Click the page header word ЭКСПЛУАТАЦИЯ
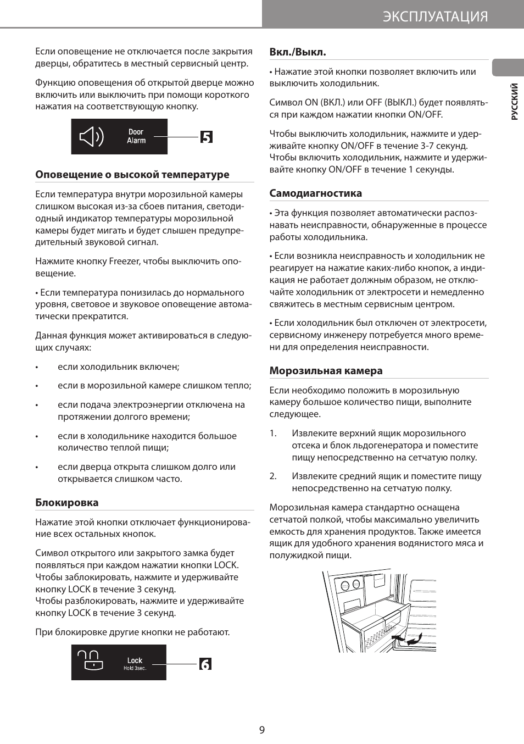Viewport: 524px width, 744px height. click(435, 16)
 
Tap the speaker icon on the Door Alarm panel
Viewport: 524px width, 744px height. click(91, 136)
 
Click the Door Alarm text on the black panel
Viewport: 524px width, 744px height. click(136, 136)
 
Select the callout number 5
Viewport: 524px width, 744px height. click(206, 137)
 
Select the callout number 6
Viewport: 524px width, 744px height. click(205, 664)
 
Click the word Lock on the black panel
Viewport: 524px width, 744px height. click(135, 660)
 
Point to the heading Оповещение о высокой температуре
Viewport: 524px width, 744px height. click(132, 175)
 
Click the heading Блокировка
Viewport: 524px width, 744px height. click(67, 502)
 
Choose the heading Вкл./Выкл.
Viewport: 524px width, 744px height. click(298, 52)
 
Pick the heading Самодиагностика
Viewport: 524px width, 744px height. click(316, 193)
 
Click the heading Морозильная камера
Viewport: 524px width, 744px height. click(326, 371)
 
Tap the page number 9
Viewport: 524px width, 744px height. click(262, 730)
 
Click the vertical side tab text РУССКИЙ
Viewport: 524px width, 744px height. click(514, 102)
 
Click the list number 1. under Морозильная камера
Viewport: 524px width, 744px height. click(273, 434)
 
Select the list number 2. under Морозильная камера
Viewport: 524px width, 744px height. click(273, 476)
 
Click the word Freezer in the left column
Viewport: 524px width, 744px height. click(125, 262)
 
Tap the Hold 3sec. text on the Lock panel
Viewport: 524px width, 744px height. click(135, 668)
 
